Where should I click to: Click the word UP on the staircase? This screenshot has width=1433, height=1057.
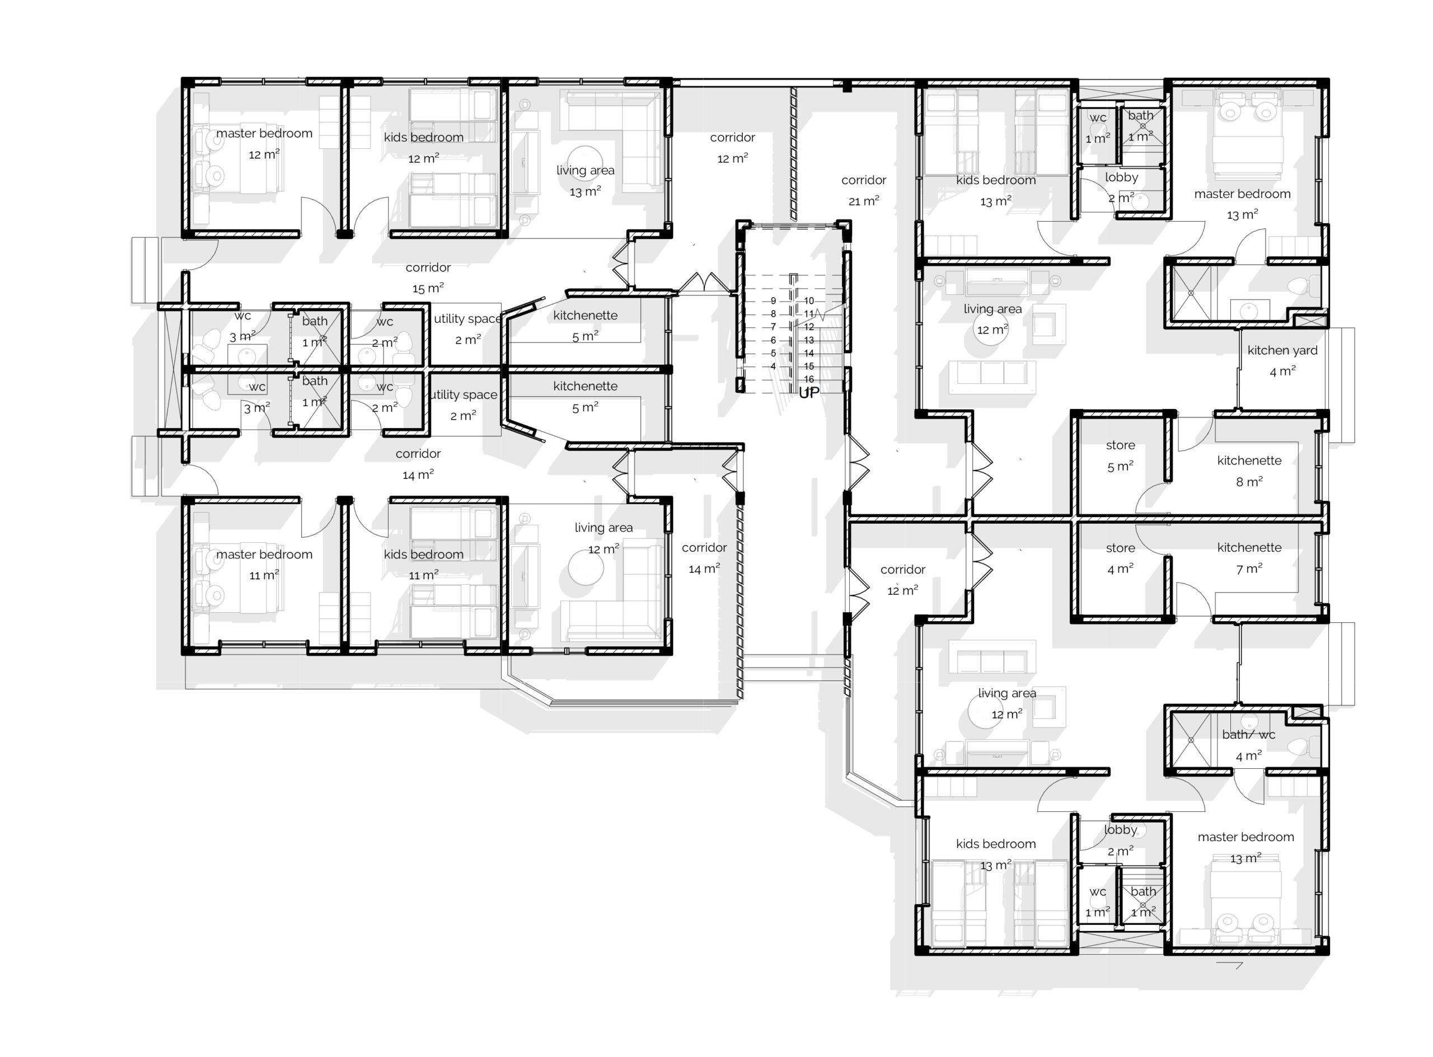point(809,393)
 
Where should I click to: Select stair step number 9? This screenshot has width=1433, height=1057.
point(773,300)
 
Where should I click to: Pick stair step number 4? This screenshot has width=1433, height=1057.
point(773,367)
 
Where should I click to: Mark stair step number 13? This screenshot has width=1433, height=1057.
point(809,340)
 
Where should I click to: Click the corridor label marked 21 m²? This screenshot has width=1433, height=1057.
point(863,191)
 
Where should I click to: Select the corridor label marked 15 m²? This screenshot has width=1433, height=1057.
point(428,278)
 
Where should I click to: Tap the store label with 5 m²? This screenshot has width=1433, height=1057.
point(1120,455)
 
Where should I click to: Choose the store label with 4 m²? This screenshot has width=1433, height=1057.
point(1120,558)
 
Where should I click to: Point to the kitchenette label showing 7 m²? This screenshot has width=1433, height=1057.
point(1249,558)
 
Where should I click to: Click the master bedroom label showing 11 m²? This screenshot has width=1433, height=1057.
point(264,565)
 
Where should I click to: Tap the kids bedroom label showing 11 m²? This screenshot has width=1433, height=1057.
point(423,565)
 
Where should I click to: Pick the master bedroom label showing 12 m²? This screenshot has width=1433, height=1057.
point(264,143)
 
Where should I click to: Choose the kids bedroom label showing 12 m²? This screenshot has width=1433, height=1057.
point(423,147)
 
